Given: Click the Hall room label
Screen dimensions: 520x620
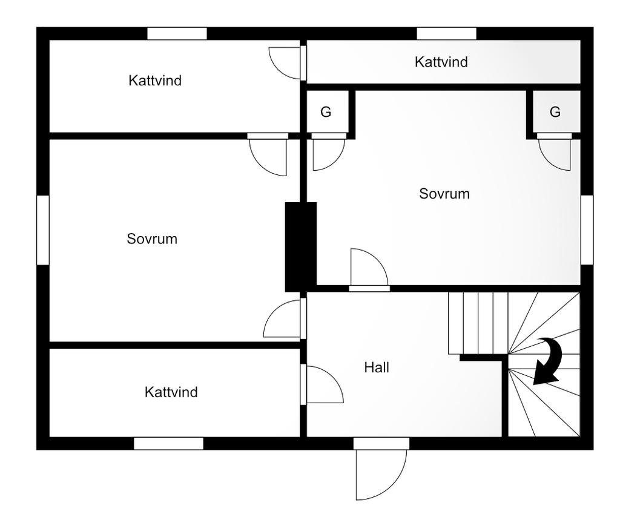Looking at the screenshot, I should coord(377,367).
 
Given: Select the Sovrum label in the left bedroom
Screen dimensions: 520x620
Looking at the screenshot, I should coord(152,239).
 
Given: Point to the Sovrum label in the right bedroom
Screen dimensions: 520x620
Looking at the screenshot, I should coord(444,194).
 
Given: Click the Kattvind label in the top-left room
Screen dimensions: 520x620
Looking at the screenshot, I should coord(155,80).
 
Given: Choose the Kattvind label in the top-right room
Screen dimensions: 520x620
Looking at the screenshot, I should coord(441,62).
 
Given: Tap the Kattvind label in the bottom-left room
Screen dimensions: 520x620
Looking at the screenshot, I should coord(171,392).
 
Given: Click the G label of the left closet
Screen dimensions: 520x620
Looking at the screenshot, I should coord(326,112).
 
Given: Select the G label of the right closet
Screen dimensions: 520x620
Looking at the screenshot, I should coord(555,112).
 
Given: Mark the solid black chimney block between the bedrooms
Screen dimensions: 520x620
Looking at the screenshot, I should coord(301,246).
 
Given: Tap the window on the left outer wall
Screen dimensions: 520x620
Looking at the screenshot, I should coord(42,230).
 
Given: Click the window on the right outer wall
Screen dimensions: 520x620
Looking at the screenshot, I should coord(587,230).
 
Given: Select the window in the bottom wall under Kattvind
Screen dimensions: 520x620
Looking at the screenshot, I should coord(168,444).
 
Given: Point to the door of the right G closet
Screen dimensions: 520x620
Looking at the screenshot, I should coord(555,153).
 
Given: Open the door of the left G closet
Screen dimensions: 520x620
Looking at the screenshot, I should coord(328,153).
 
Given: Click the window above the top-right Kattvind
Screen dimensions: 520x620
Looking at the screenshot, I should coord(446,34).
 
